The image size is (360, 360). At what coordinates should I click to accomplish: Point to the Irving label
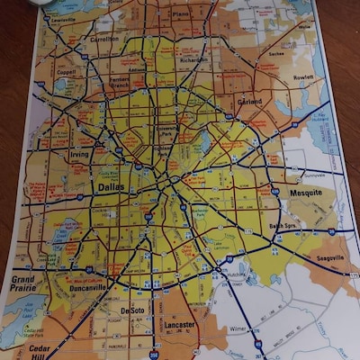(79, 155)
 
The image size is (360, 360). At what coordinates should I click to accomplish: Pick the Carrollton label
(104, 40)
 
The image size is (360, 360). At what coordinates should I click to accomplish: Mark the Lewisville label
(62, 19)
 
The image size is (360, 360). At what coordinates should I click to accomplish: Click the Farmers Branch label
(119, 83)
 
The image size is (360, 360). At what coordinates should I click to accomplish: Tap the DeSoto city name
(132, 310)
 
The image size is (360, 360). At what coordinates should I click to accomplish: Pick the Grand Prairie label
(23, 284)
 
